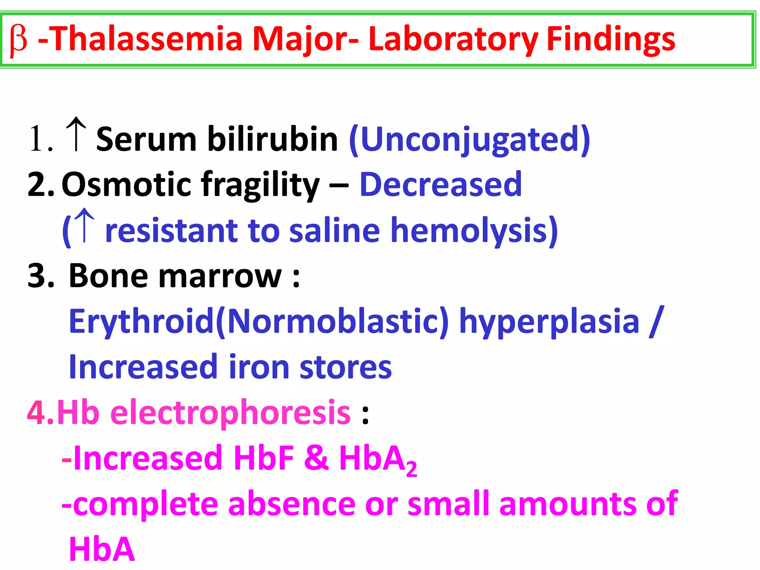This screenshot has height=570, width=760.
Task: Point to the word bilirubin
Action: coord(272,139)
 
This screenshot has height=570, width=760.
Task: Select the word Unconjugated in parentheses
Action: coord(470,140)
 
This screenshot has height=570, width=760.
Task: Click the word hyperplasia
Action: coord(549,321)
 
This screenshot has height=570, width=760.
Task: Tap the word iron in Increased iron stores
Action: coord(259,367)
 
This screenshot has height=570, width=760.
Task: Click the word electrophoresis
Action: coord(230,413)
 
